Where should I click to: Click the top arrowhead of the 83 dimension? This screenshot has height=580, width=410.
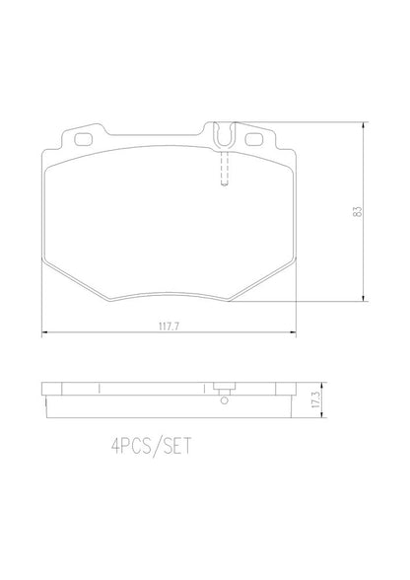pos(367,125)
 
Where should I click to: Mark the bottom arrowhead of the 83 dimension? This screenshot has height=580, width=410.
pos(367,298)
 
